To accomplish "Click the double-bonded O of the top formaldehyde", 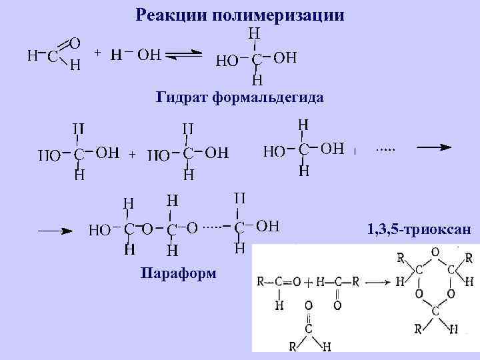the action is pos(75,43).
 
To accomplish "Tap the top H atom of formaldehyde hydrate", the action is pos(254,33).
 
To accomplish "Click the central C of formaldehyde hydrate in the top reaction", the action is pos(255,60).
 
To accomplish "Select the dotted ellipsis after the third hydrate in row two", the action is pos(385,150).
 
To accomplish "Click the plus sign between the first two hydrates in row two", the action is pos(132,155).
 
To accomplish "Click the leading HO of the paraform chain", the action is pos(99,231).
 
